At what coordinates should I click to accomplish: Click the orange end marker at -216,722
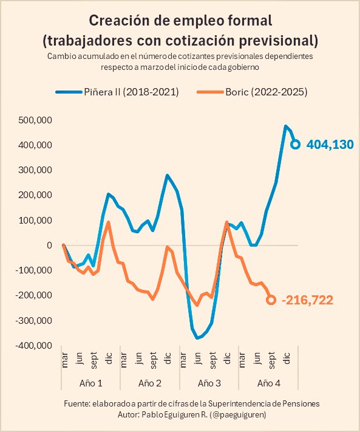(x=271, y=300)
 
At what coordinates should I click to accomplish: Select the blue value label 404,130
(x=330, y=145)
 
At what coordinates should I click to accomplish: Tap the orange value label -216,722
(x=308, y=300)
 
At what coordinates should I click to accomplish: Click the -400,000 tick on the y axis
(x=34, y=345)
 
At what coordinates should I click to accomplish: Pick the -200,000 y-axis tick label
(x=34, y=295)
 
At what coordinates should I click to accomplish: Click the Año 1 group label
(x=90, y=383)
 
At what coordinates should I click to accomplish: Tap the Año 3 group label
(x=209, y=383)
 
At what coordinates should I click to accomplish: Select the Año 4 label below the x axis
(x=269, y=383)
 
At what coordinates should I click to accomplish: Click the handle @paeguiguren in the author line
(x=238, y=414)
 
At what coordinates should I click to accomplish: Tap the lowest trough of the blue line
(x=197, y=338)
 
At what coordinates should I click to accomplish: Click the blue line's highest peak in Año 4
(x=286, y=126)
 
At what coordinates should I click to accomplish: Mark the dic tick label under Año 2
(x=168, y=360)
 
